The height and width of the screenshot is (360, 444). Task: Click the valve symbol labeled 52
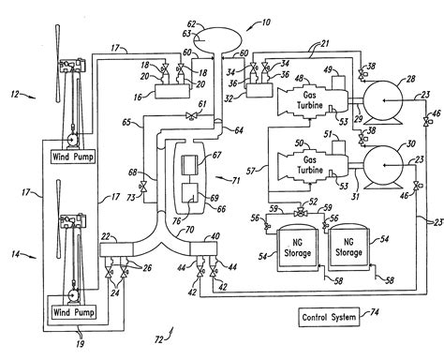300,214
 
